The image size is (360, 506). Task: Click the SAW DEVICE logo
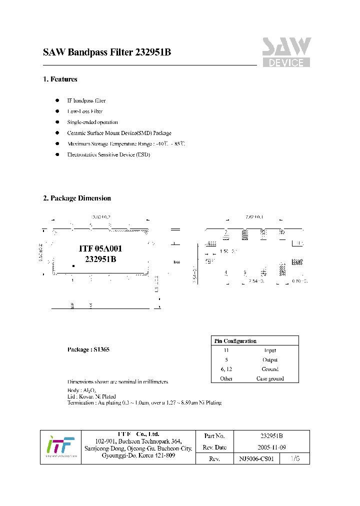pyautogui.click(x=286, y=52)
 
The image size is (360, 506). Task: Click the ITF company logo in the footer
pyautogui.click(x=60, y=447)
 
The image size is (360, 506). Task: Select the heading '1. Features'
pyautogui.click(x=60, y=79)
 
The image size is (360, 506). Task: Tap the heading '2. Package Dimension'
pyautogui.click(x=77, y=198)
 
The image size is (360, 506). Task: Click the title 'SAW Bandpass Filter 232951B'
pyautogui.click(x=107, y=52)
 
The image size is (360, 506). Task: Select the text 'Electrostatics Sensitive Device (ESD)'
pyautogui.click(x=108, y=155)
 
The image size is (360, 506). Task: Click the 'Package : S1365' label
pyautogui.click(x=88, y=349)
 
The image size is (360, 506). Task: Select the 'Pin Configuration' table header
pyautogui.click(x=235, y=341)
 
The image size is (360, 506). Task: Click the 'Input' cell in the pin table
pyautogui.click(x=270, y=350)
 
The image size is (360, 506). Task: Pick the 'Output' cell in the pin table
pyautogui.click(x=270, y=360)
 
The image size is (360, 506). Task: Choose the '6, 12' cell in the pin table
pyautogui.click(x=226, y=369)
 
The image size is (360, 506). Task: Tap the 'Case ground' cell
pyautogui.click(x=270, y=378)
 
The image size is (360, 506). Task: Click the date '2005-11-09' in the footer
pyautogui.click(x=271, y=447)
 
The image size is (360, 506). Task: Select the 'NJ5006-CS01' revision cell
pyautogui.click(x=257, y=458)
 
